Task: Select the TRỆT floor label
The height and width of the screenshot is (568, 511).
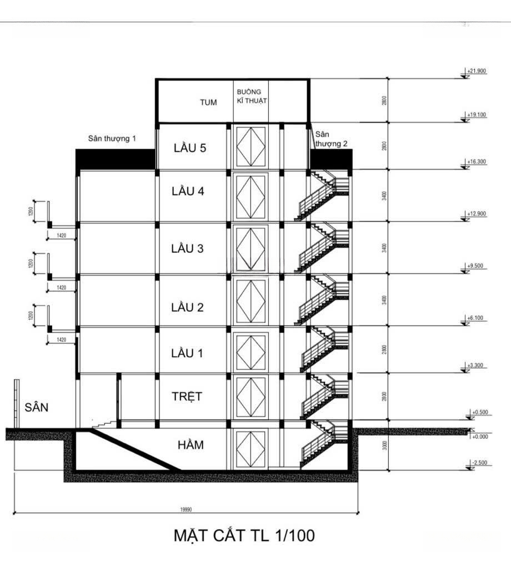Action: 187,397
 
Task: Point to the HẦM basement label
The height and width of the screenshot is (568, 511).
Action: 191,445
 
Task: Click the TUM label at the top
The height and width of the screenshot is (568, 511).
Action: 208,103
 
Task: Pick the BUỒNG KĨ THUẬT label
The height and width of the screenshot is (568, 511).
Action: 252,95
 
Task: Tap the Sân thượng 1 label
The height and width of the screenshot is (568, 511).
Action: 112,138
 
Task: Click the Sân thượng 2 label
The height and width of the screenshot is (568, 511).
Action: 331,139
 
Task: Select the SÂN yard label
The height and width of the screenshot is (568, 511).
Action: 37,407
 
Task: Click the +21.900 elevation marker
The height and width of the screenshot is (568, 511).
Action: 477,72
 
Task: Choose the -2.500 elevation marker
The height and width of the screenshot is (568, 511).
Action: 477,463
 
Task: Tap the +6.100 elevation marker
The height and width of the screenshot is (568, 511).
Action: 475,318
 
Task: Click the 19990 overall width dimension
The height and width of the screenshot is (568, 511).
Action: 186,509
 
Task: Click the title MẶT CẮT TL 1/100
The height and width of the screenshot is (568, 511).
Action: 244,536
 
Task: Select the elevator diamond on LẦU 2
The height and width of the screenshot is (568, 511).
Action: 251,302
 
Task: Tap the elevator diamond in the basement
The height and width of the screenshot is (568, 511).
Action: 251,449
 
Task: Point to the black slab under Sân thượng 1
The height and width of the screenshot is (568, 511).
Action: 115,159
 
